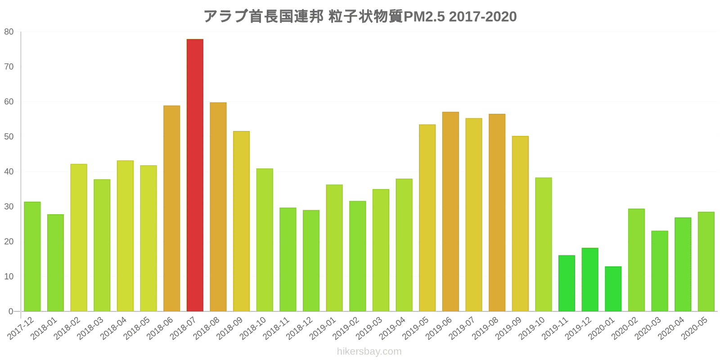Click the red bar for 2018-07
195,175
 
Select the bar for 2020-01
613,289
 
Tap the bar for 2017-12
32,256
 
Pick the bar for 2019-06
450,211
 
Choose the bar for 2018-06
171,208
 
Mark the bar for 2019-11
567,283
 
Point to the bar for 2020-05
706,261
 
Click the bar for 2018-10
265,240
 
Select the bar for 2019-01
334,248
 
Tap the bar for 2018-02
79,238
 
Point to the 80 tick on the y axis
9,32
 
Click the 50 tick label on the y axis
9,137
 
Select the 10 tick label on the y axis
9,277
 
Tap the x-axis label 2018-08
207,329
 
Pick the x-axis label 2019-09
509,329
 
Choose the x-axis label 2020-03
649,329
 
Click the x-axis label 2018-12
300,329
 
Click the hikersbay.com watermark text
369,351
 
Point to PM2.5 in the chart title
424,17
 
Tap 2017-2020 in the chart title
482,17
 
